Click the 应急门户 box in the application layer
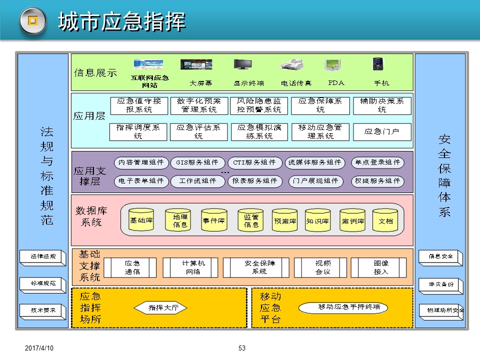pyautogui.click(x=382, y=132)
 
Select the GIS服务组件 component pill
pyautogui.click(x=197, y=162)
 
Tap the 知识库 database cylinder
pyautogui.click(x=317, y=220)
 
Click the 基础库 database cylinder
pyautogui.click(x=141, y=220)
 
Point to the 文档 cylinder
pyautogui.click(x=385, y=220)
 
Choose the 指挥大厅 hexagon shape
pyautogui.click(x=163, y=308)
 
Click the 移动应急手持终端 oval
pyautogui.click(x=342, y=307)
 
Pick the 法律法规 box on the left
pyautogui.click(x=43, y=256)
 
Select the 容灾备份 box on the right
pyautogui.click(x=440, y=284)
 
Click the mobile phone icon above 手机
pyautogui.click(x=378, y=64)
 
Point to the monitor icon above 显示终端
pyautogui.click(x=243, y=65)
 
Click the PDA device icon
pyautogui.click(x=333, y=65)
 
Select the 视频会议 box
pyautogui.click(x=319, y=267)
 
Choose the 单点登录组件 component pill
pyautogui.click(x=377, y=162)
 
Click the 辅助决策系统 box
pyautogui.click(x=382, y=105)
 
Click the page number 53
pyautogui.click(x=242, y=348)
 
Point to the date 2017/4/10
pyautogui.click(x=39, y=348)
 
